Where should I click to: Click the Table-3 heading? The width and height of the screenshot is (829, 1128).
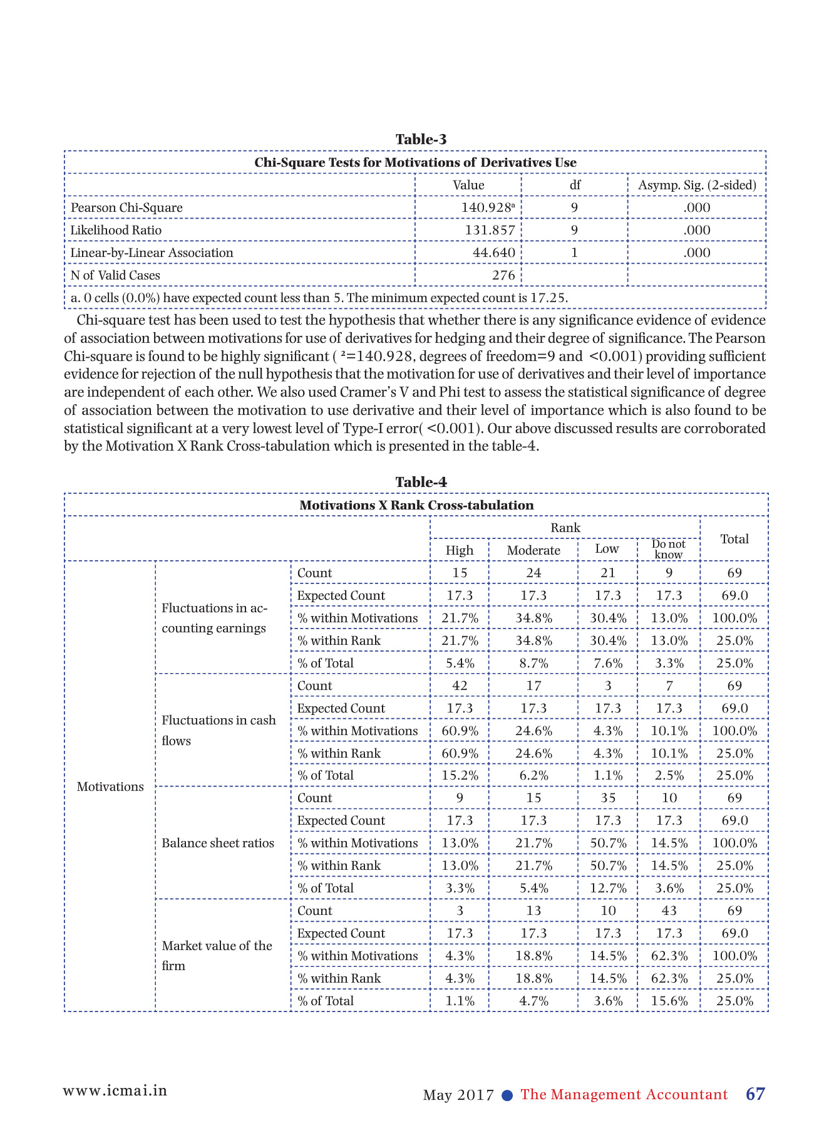tap(421, 139)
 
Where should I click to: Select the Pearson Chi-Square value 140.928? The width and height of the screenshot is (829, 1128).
tap(487, 207)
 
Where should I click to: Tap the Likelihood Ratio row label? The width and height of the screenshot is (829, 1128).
tap(116, 230)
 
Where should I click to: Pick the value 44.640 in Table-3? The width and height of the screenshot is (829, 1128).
tap(494, 253)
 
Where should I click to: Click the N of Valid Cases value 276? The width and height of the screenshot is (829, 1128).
tap(503, 275)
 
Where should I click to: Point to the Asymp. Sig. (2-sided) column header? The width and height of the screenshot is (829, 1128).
tap(697, 185)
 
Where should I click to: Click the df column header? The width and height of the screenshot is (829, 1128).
tap(574, 185)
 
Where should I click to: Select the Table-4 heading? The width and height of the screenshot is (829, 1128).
tap(421, 482)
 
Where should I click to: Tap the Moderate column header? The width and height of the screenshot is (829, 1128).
tap(533, 550)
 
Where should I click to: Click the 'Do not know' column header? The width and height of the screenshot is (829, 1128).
tap(668, 549)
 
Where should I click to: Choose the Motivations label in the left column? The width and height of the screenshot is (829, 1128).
tap(110, 786)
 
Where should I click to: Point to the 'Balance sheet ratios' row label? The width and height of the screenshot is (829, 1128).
tap(218, 843)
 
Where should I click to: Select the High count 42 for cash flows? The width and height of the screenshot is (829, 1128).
tap(460, 686)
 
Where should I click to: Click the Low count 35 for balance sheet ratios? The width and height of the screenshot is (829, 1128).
tap(607, 798)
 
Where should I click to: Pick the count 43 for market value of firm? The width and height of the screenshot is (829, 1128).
tap(669, 911)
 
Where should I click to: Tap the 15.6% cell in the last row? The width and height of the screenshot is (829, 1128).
tap(669, 1001)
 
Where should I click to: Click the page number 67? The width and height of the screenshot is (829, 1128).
tap(755, 1094)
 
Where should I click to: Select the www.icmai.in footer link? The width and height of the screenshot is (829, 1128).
tap(115, 1090)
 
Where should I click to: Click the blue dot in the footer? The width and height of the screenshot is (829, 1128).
tap(508, 1095)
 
